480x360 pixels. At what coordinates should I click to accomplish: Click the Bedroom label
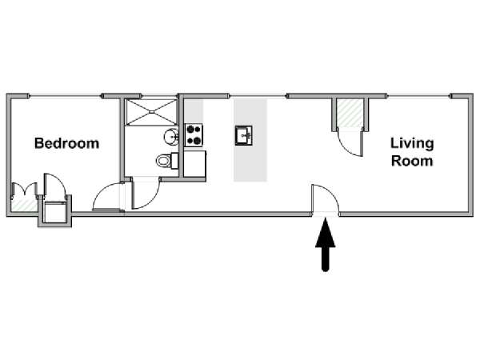tap(66, 143)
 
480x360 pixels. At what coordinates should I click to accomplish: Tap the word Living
tap(412, 143)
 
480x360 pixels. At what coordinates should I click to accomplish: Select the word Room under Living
tap(412, 161)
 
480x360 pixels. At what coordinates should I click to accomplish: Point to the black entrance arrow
tap(326, 244)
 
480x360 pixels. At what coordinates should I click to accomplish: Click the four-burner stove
tap(194, 135)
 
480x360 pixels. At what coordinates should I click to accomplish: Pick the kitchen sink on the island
tap(244, 135)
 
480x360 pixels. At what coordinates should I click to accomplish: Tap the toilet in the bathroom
tap(167, 161)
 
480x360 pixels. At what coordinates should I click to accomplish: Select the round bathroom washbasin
tap(171, 137)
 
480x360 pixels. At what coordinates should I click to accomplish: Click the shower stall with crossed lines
tap(151, 112)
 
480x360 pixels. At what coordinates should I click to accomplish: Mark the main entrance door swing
tap(325, 198)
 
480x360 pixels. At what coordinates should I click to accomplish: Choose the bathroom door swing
tap(146, 193)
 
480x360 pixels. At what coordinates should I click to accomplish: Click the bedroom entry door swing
tap(107, 197)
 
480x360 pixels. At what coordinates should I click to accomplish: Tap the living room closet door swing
tap(350, 143)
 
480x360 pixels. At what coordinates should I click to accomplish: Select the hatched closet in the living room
tap(350, 114)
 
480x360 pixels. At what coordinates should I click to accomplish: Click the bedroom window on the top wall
tap(66, 96)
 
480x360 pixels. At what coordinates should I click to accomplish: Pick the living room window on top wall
tap(418, 96)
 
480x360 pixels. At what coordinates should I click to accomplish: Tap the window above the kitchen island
tap(258, 96)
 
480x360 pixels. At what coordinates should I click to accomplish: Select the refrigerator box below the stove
tap(194, 164)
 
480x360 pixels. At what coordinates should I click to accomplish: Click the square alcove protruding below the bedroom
tap(54, 212)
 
